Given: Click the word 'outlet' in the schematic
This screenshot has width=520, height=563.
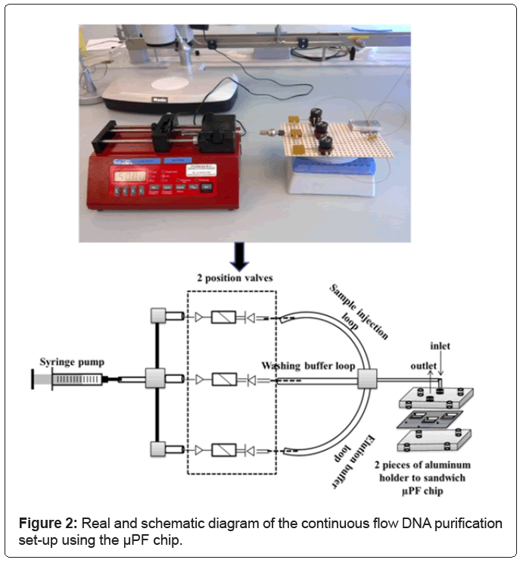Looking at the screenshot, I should tap(422, 364).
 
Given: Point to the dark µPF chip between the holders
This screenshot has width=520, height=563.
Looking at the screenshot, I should tap(434, 418).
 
